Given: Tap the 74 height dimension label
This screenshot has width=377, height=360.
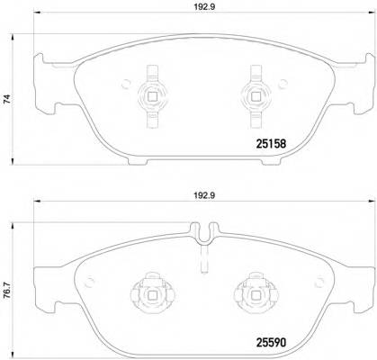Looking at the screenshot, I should (x=8, y=101).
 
